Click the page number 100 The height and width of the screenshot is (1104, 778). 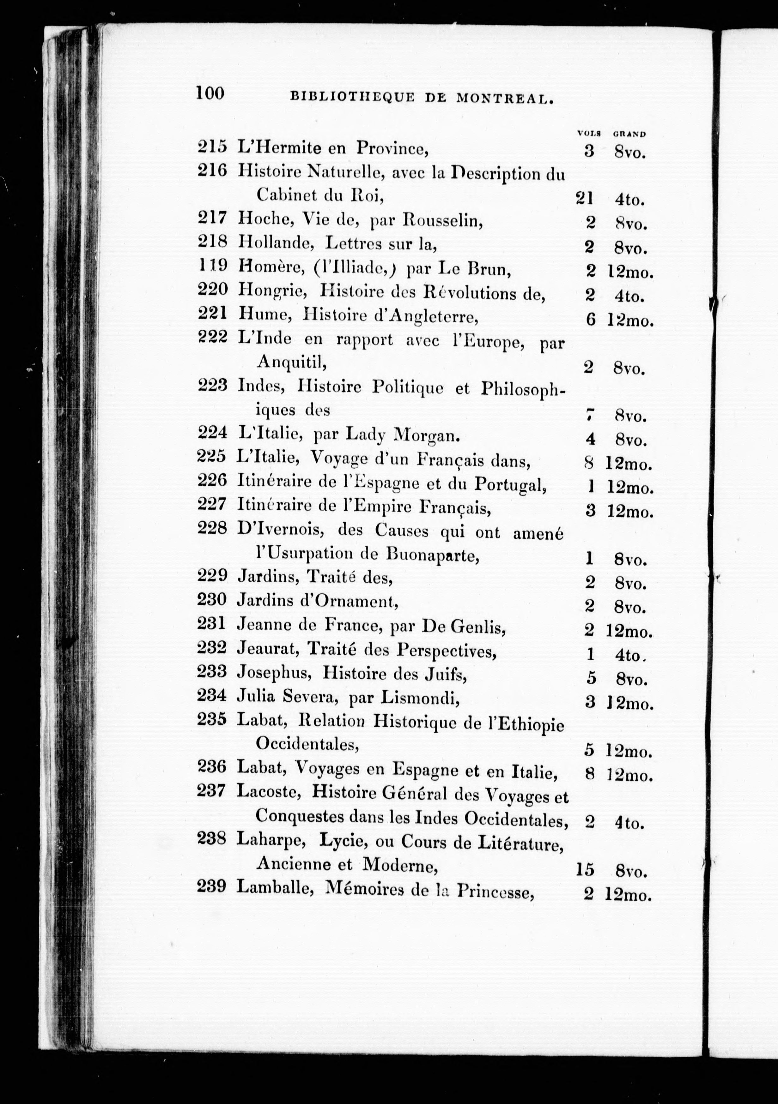210,93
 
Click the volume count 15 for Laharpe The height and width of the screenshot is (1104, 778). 585,869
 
